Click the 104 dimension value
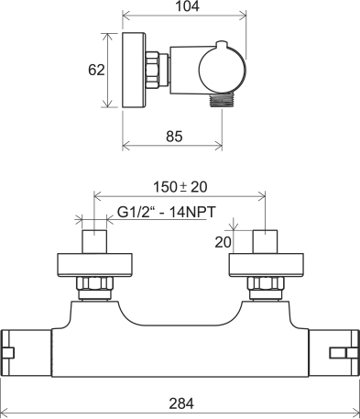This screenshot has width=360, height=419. pos(187,6)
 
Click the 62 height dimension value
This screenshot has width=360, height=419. pos(96,70)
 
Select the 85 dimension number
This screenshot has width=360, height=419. pos(174,137)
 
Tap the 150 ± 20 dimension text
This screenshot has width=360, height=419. pos(180,187)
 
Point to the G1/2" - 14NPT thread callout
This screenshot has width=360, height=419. pos(167,212)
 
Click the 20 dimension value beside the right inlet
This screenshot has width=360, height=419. pos(224,242)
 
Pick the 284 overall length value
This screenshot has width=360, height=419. pos(181,403)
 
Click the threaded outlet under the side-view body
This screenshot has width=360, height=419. pos(223,101)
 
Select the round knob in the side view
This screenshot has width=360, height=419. pos(223,70)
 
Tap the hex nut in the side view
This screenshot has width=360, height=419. pos(152,69)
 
